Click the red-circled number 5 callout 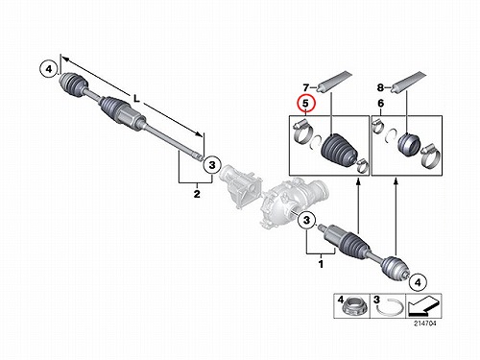click(306, 104)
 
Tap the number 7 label click(306, 87)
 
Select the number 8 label click(380, 87)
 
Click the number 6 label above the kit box click(380, 104)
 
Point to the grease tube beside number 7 click(333, 82)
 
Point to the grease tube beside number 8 click(409, 82)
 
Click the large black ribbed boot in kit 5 click(339, 150)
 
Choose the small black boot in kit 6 click(410, 144)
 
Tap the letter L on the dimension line click(136, 99)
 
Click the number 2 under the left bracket click(197, 193)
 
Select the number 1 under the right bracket click(321, 264)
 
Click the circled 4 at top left click(49, 69)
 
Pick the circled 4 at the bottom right click(418, 282)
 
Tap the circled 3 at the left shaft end click(212, 165)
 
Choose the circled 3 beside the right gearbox click(307, 220)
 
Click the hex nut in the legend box click(353, 308)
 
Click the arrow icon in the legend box click(424, 305)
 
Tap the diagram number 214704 click(425, 324)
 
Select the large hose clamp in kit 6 click(430, 156)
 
